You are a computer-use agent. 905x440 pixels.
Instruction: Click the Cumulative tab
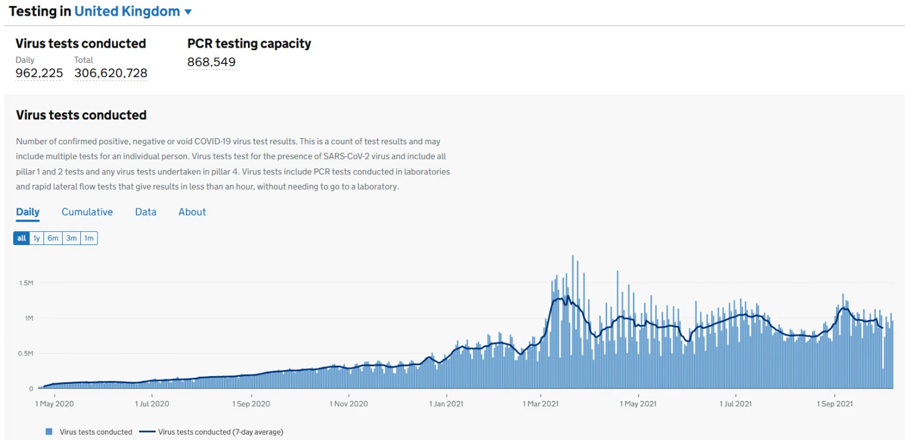click(87, 212)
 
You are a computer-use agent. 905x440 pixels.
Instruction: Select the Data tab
click(145, 212)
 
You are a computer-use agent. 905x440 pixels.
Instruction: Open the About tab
click(192, 212)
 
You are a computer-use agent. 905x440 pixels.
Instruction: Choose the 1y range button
click(37, 238)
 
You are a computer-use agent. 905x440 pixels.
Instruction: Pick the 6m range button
click(53, 238)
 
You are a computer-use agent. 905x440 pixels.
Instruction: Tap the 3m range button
click(71, 238)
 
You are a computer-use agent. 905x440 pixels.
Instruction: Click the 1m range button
click(89, 238)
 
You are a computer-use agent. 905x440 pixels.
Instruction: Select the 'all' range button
click(22, 238)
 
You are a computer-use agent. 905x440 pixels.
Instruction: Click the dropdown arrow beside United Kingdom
click(188, 12)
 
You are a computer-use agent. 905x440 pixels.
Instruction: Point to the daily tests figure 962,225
click(39, 73)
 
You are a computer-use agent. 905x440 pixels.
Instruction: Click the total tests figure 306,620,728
click(110, 73)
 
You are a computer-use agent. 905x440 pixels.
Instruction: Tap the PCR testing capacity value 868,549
click(211, 62)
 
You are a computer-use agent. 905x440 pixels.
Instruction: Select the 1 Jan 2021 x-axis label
click(446, 404)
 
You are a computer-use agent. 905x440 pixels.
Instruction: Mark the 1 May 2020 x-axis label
click(54, 404)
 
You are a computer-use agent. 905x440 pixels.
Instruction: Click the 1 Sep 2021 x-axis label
click(835, 404)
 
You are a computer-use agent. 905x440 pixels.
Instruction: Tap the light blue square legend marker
click(49, 432)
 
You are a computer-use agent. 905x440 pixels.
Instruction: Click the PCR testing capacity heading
click(249, 43)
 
